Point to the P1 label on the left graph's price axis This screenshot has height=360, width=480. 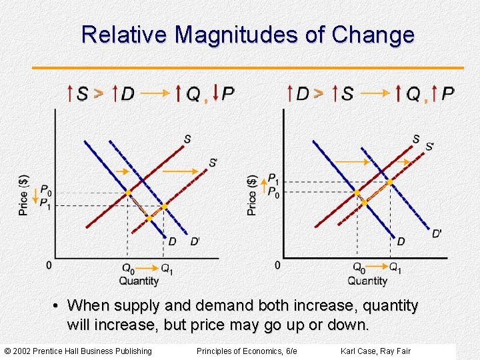[x=45, y=204]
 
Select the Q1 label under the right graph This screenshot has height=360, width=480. [x=395, y=269]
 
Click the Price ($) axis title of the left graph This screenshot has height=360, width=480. [x=24, y=194]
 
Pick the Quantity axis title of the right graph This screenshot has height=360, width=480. [x=367, y=281]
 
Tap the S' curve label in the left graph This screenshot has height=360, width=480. [x=213, y=163]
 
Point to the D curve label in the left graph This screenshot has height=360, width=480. [x=172, y=241]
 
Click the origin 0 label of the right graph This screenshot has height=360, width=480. [x=277, y=265]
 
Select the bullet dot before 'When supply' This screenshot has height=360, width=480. [x=58, y=307]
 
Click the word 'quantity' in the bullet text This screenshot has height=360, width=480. [x=386, y=306]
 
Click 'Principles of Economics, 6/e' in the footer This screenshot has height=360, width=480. [x=247, y=351]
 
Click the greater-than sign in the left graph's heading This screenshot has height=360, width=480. [x=98, y=93]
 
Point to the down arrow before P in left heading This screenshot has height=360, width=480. [x=216, y=93]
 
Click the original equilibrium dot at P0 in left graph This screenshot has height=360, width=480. [x=128, y=193]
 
